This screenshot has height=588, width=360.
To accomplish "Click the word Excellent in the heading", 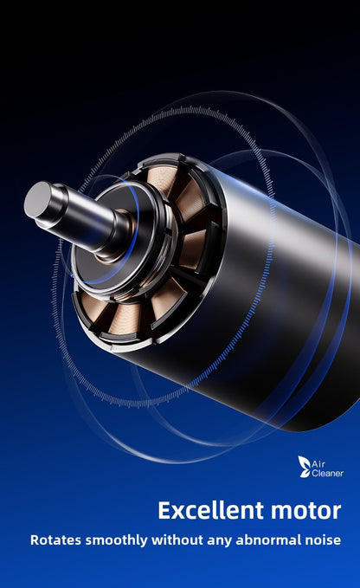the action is [x=211, y=510].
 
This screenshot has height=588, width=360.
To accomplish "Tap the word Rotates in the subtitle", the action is [x=55, y=540].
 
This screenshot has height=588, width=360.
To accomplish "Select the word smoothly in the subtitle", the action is [x=117, y=540].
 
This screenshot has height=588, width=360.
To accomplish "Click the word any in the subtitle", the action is [x=218, y=541].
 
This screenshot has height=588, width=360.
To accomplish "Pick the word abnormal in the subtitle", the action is [x=267, y=540].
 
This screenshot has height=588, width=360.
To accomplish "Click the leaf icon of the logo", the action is [x=304, y=467].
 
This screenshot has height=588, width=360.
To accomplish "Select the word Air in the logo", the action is [x=318, y=464].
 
